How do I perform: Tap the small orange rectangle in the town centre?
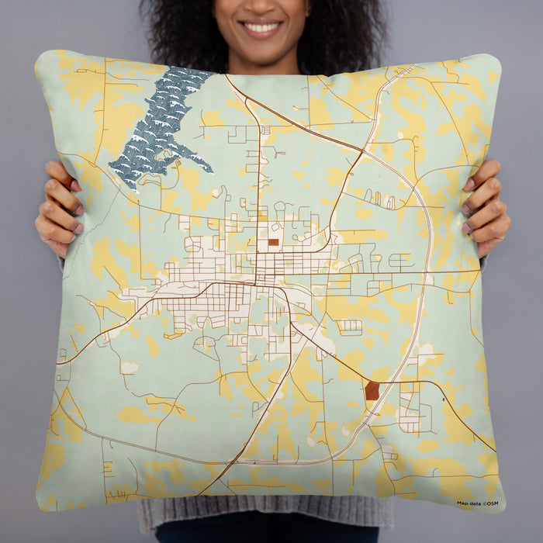[x=273, y=242]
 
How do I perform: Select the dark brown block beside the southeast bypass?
[x=372, y=390]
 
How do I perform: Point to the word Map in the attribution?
[x=463, y=503]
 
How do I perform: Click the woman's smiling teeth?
[x=261, y=28]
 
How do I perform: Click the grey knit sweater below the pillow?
[x=264, y=516]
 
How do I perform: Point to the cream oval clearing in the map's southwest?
[x=130, y=367]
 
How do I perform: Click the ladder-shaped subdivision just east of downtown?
[x=350, y=327]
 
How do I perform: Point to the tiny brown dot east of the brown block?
[x=443, y=401]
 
